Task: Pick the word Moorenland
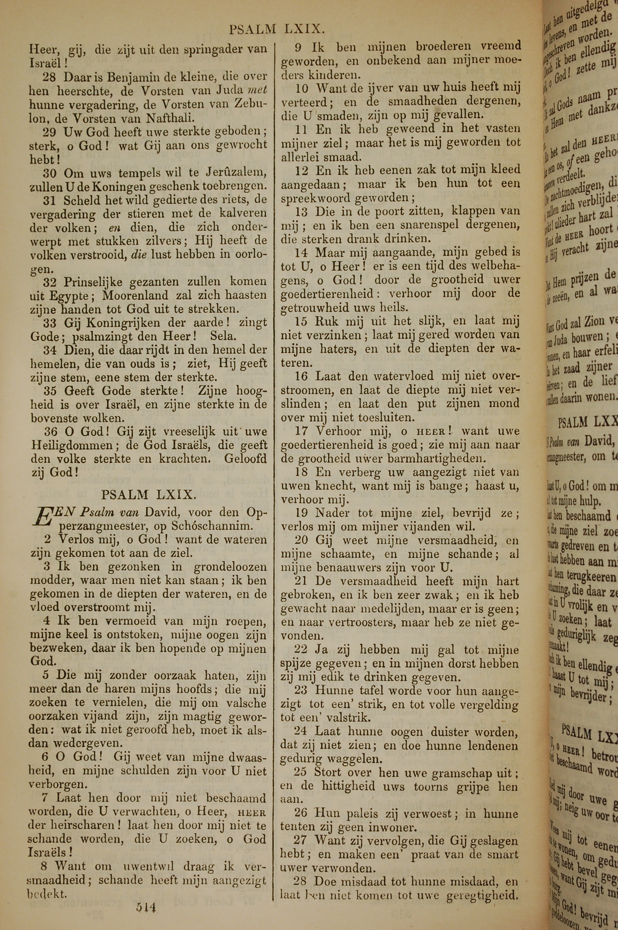[134, 295]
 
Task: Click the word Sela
[223, 336]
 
